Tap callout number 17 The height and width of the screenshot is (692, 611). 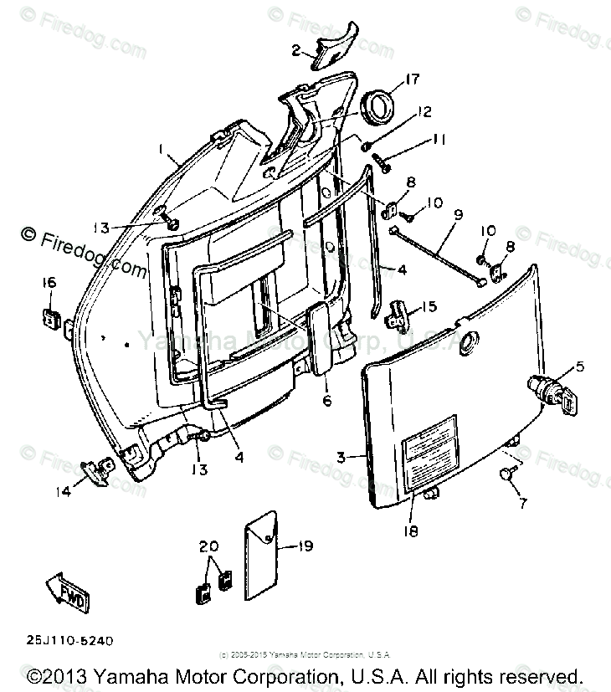413,80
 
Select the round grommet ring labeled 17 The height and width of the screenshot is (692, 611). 379,107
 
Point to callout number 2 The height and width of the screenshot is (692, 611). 295,50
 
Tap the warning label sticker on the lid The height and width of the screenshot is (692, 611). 429,454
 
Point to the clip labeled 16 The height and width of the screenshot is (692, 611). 50,316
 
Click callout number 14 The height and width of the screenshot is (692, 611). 64,492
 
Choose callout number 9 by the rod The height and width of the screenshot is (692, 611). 458,214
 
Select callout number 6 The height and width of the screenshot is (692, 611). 327,402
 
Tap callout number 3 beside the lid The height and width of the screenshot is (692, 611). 341,457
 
